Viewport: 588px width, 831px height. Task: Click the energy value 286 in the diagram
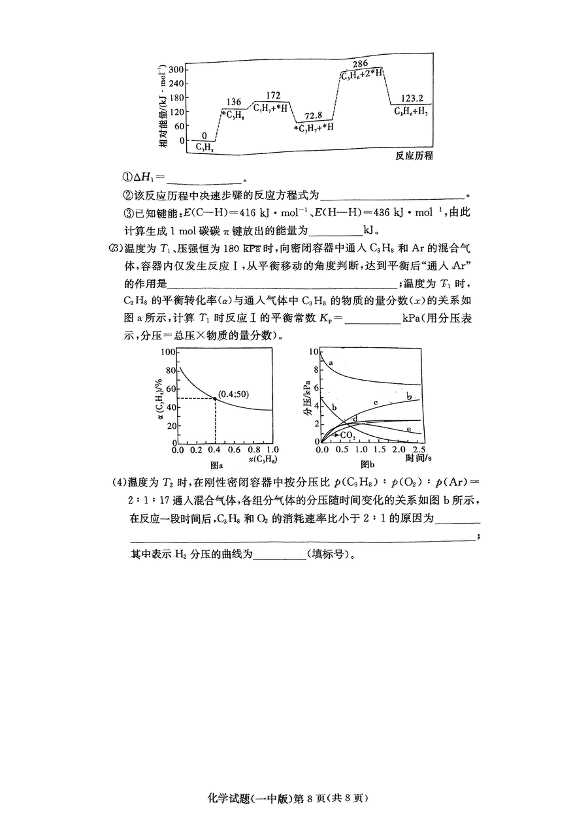359,63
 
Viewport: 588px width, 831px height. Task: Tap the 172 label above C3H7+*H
273,96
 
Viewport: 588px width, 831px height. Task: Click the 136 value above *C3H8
234,102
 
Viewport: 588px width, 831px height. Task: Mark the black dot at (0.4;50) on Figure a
216,399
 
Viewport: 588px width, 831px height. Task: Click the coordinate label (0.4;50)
234,394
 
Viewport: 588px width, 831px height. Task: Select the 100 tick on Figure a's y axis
169,353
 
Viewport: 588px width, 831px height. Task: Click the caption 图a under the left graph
216,465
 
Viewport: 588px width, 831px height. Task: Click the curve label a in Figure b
331,362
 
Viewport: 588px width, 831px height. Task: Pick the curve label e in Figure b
408,429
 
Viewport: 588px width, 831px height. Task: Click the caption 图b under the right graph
367,465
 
